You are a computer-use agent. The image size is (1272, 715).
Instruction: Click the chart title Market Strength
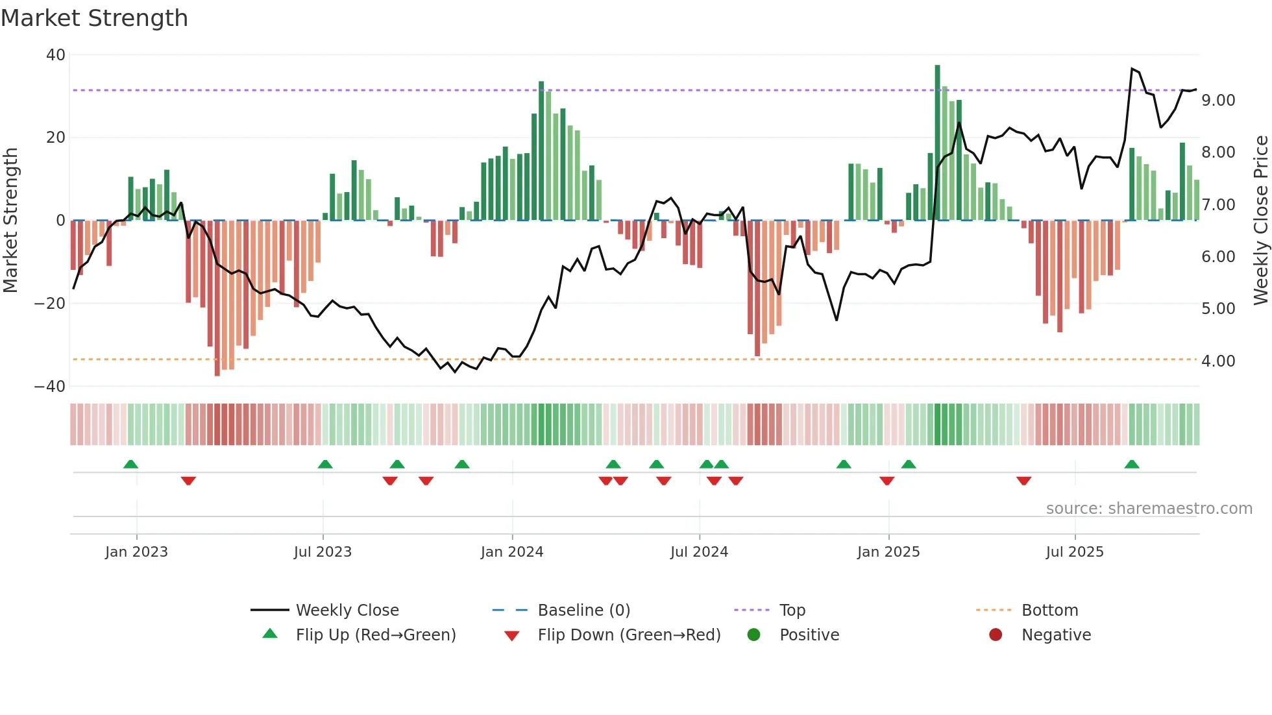pyautogui.click(x=94, y=18)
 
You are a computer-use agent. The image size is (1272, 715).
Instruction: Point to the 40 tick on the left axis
pyautogui.click(x=56, y=55)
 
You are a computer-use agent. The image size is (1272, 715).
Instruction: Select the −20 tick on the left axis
pyautogui.click(x=50, y=304)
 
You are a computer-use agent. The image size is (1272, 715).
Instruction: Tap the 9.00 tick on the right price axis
pyautogui.click(x=1217, y=101)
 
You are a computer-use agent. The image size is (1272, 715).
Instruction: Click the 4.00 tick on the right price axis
pyautogui.click(x=1217, y=361)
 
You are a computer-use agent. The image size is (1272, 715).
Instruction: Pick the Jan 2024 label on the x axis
pyautogui.click(x=511, y=552)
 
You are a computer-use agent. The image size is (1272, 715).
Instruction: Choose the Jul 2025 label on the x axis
pyautogui.click(x=1074, y=552)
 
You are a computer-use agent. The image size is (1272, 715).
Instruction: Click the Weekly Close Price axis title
pyautogui.click(x=1260, y=221)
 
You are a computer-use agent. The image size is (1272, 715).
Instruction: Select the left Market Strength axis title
pyautogui.click(x=10, y=221)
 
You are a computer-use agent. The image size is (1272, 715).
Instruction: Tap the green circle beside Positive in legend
pyautogui.click(x=753, y=635)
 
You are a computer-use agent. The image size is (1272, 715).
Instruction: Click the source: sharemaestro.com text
pyautogui.click(x=1149, y=509)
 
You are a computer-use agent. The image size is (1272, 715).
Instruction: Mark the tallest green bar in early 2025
pyautogui.click(x=937, y=143)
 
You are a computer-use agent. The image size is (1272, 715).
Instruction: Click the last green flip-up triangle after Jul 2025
pyautogui.click(x=1131, y=465)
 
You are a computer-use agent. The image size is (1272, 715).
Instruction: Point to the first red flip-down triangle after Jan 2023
pyautogui.click(x=188, y=481)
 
